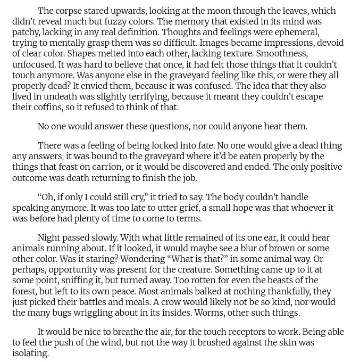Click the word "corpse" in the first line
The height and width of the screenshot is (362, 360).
[70, 11]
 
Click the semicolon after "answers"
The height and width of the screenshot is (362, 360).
[63, 157]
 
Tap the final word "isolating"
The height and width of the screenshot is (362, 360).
[30, 353]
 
